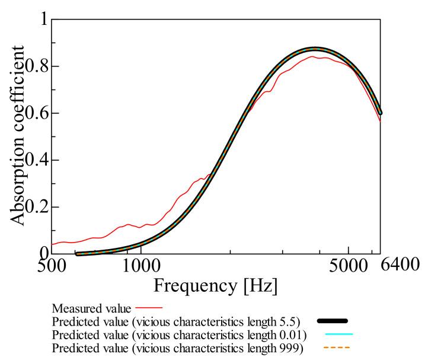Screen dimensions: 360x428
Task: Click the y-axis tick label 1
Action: click(x=41, y=19)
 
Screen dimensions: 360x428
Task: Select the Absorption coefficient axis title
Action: click(x=18, y=136)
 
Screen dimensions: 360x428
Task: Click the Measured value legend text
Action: click(x=92, y=308)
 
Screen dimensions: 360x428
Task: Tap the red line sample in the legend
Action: click(x=149, y=308)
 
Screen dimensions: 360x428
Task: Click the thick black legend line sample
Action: click(x=332, y=321)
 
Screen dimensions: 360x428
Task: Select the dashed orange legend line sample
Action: click(x=335, y=347)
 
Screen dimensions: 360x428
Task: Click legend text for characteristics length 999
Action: click(x=178, y=347)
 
